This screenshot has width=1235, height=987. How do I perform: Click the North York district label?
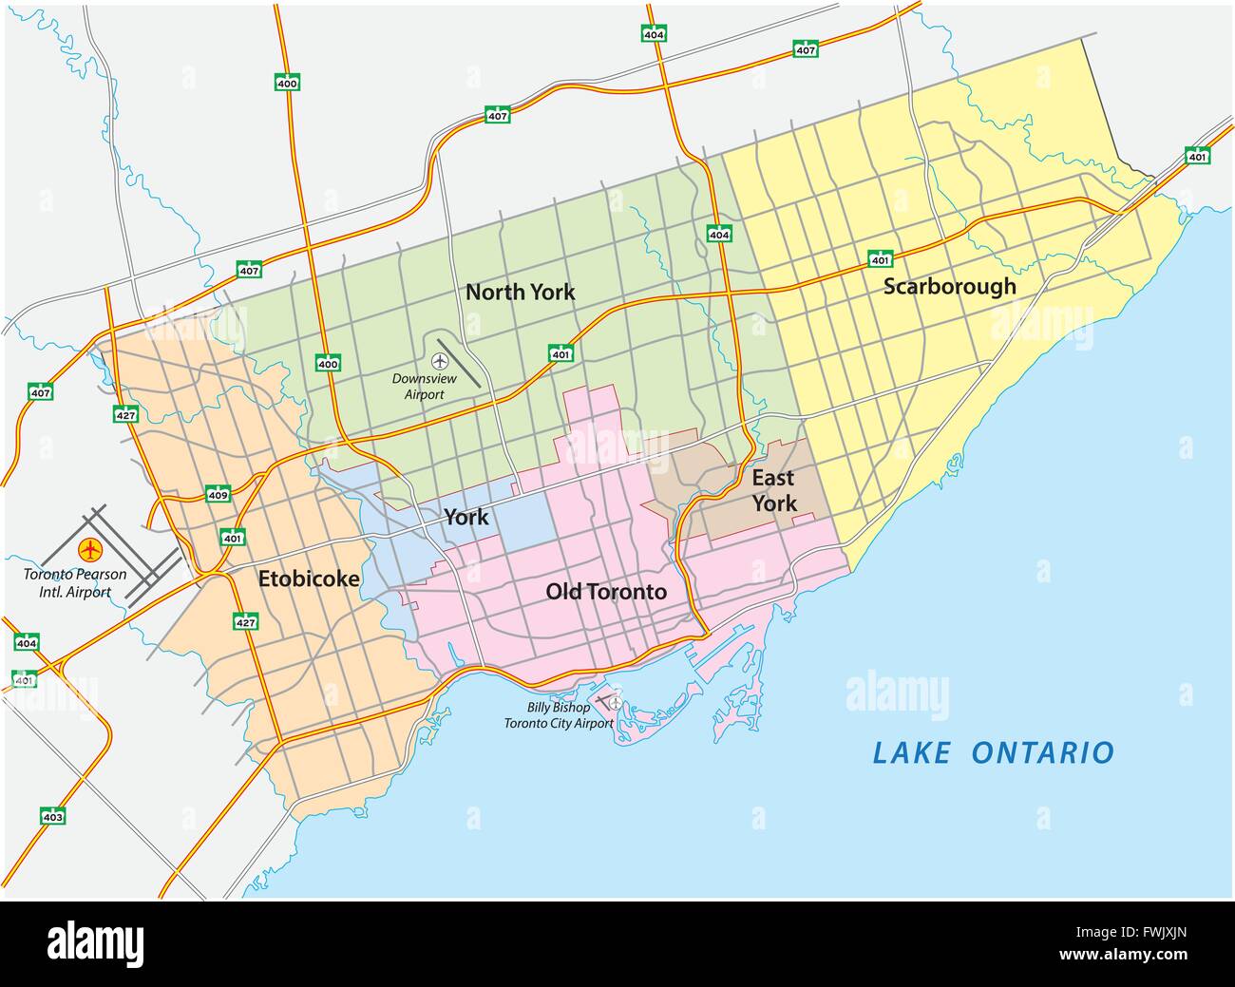(x=520, y=292)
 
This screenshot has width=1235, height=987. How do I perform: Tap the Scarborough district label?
(x=949, y=286)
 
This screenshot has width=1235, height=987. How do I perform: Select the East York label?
(x=773, y=490)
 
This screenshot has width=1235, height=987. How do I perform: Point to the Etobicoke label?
(x=309, y=578)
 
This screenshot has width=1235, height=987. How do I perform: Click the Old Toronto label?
(x=605, y=592)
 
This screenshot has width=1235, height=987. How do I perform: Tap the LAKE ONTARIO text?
(x=993, y=753)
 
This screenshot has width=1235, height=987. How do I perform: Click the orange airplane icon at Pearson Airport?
(x=91, y=549)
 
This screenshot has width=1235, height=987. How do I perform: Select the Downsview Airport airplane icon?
(x=440, y=361)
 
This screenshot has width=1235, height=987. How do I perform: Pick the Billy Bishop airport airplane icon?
(x=615, y=703)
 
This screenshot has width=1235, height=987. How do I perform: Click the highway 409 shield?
(x=218, y=494)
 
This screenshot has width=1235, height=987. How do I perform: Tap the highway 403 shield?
(x=52, y=815)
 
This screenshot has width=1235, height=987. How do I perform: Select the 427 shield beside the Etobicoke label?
(x=246, y=621)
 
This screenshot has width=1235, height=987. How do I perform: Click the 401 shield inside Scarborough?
(x=880, y=258)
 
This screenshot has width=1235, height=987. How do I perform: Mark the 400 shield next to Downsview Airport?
(x=328, y=363)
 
